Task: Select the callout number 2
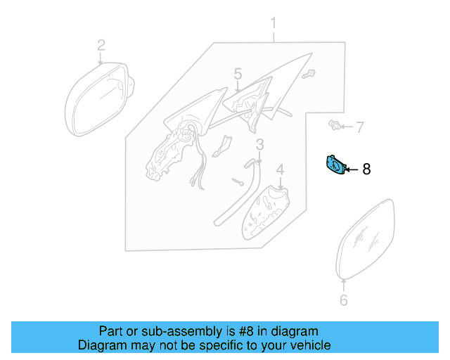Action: coord(101,46)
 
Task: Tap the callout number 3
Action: coord(259,145)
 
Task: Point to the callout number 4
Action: coord(279,169)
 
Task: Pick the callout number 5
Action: coord(238,74)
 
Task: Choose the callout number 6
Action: coord(343,301)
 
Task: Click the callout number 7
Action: coord(359,127)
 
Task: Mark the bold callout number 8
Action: coord(366,169)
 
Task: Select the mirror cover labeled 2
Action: coord(96,101)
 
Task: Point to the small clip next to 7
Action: coord(335,127)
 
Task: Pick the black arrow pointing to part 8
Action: coord(351,169)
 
